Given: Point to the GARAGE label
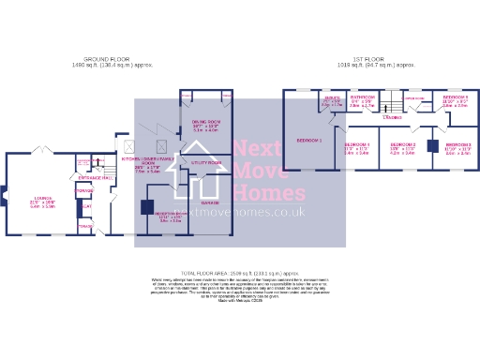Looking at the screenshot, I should (x=210, y=202).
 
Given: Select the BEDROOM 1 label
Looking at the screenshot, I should (x=308, y=140).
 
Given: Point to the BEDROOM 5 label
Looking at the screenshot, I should (x=456, y=97).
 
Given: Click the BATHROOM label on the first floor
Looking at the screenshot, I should (x=363, y=97).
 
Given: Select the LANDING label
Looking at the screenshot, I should (x=392, y=117).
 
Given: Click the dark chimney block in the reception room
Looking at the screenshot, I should (x=146, y=207).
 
